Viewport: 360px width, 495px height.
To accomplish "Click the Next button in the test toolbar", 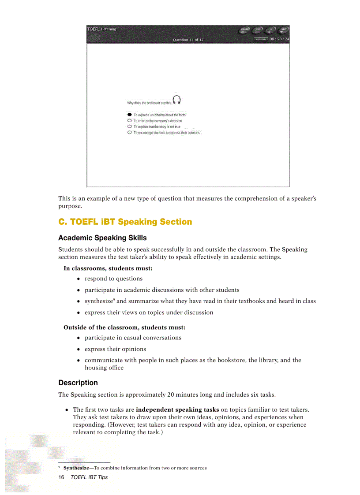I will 284,30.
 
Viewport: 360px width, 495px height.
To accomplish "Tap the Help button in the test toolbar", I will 258,30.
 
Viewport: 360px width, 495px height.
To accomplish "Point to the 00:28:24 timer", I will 279,39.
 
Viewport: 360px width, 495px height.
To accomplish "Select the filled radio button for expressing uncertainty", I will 129,115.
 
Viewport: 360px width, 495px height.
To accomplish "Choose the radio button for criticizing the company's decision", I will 129,120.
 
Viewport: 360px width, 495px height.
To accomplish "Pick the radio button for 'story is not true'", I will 129,127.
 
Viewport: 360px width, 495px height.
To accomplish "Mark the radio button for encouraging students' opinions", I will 129,132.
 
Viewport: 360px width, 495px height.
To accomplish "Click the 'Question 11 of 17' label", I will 188,40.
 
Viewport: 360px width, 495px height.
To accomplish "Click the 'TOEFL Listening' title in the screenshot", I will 102,30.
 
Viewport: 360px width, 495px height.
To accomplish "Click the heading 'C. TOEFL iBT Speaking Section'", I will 125,222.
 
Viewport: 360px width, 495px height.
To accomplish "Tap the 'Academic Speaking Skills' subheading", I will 102,238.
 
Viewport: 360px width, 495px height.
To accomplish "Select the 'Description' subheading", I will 78,383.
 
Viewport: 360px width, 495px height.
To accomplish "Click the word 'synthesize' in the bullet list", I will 99,301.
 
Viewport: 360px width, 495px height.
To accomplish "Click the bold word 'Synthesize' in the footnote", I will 76,468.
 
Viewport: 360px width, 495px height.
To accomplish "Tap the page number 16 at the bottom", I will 61,477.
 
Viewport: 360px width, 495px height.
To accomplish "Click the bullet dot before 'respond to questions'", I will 79,279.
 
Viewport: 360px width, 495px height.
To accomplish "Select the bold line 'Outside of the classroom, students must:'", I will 124,328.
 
